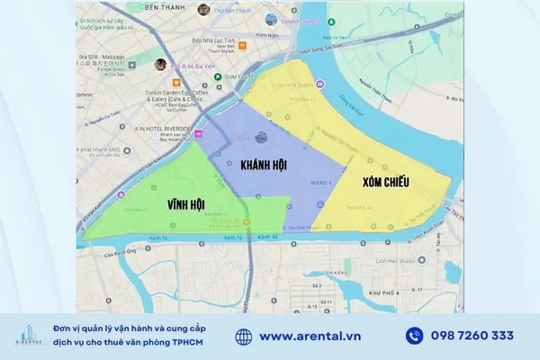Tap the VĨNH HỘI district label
point(185,205)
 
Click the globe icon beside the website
point(243,336)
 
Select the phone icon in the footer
point(414,336)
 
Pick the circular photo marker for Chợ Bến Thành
point(204,10)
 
